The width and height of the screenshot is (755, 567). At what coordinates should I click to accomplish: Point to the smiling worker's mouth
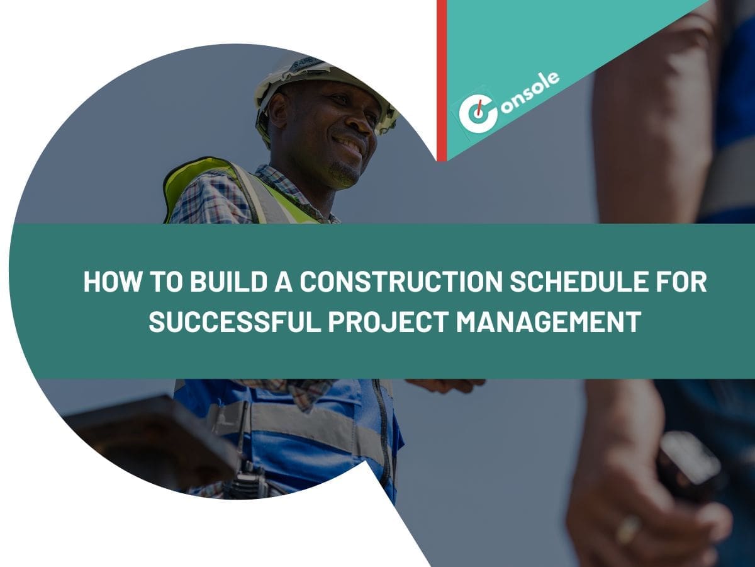(350, 147)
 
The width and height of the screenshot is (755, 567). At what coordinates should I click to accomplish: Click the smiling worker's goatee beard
(343, 173)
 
